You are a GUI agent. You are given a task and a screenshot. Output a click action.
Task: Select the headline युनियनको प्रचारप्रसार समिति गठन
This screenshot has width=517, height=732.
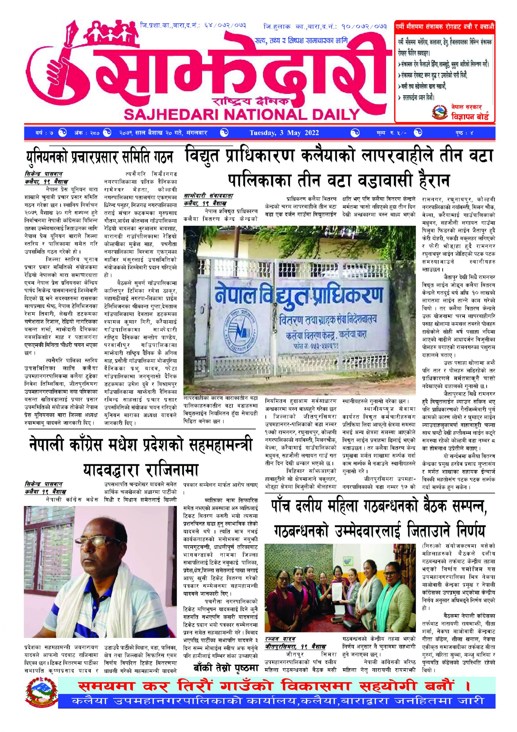[x=99, y=158]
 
